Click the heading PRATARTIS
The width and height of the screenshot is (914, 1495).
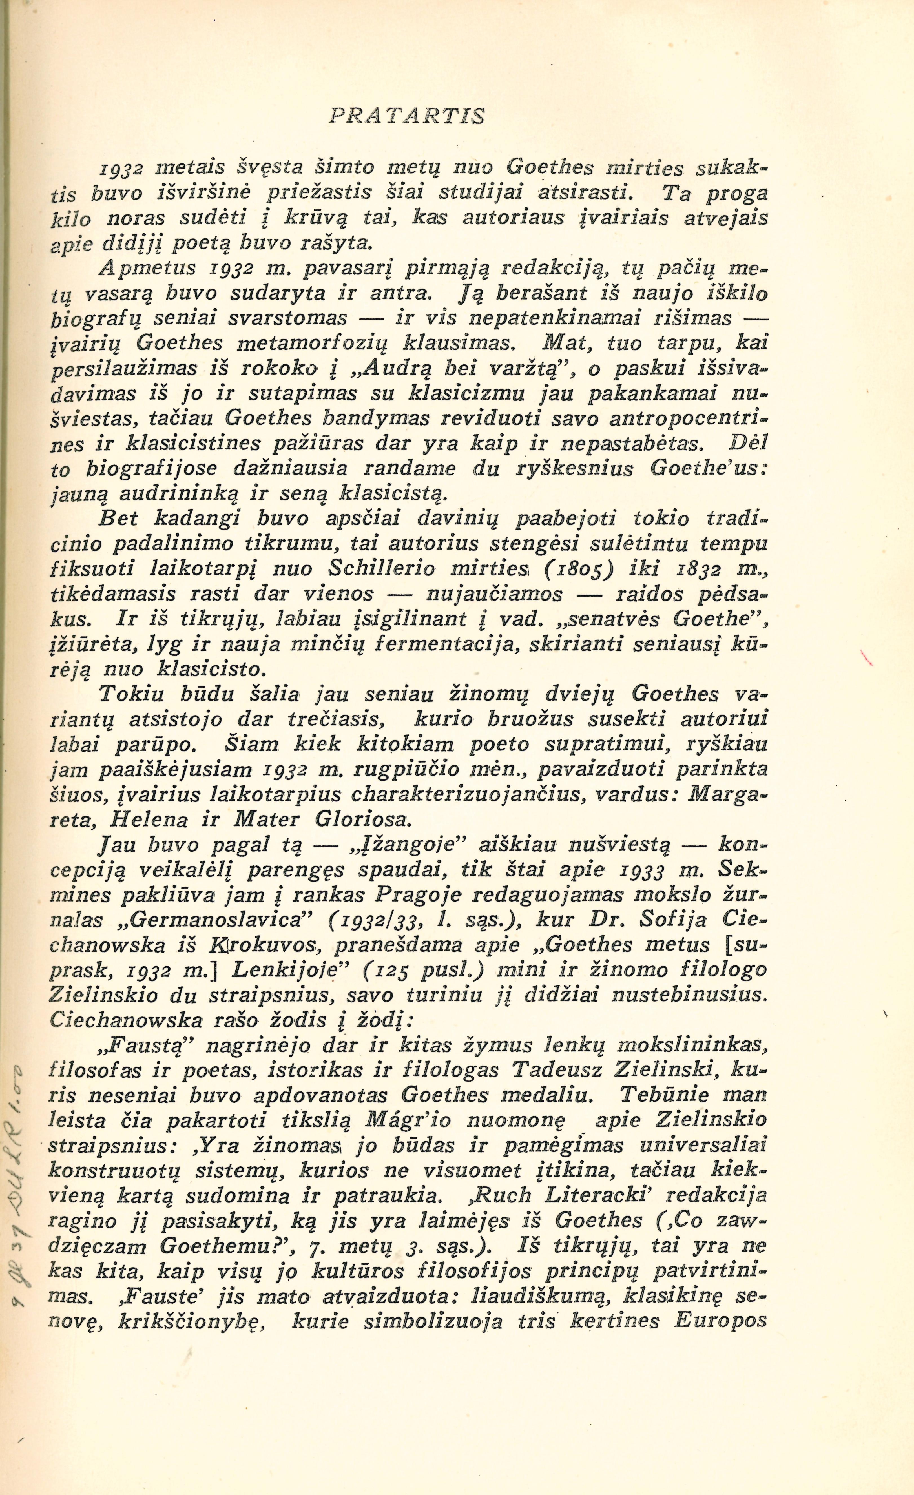pos(407,115)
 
